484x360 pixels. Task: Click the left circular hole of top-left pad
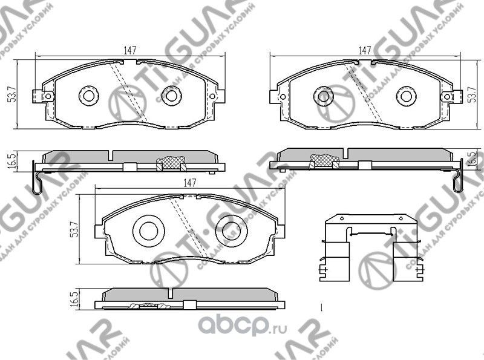90,95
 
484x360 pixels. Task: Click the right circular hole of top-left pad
171,95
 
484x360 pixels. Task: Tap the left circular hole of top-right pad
322,95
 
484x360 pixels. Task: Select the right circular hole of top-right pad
404,95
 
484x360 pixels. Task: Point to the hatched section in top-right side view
322,160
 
